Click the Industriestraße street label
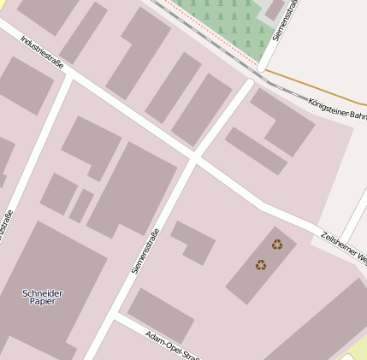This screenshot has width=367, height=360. coord(42,52)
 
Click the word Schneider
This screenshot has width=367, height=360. coord(42,293)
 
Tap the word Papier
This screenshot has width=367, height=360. coord(42,302)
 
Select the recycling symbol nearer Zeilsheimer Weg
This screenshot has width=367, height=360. coord(277,245)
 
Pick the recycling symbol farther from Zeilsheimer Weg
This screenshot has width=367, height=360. coord(261,265)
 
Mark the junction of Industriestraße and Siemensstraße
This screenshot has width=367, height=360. coord(194,159)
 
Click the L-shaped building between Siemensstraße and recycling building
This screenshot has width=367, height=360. coord(194,240)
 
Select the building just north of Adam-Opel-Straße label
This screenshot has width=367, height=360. coord(160,315)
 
